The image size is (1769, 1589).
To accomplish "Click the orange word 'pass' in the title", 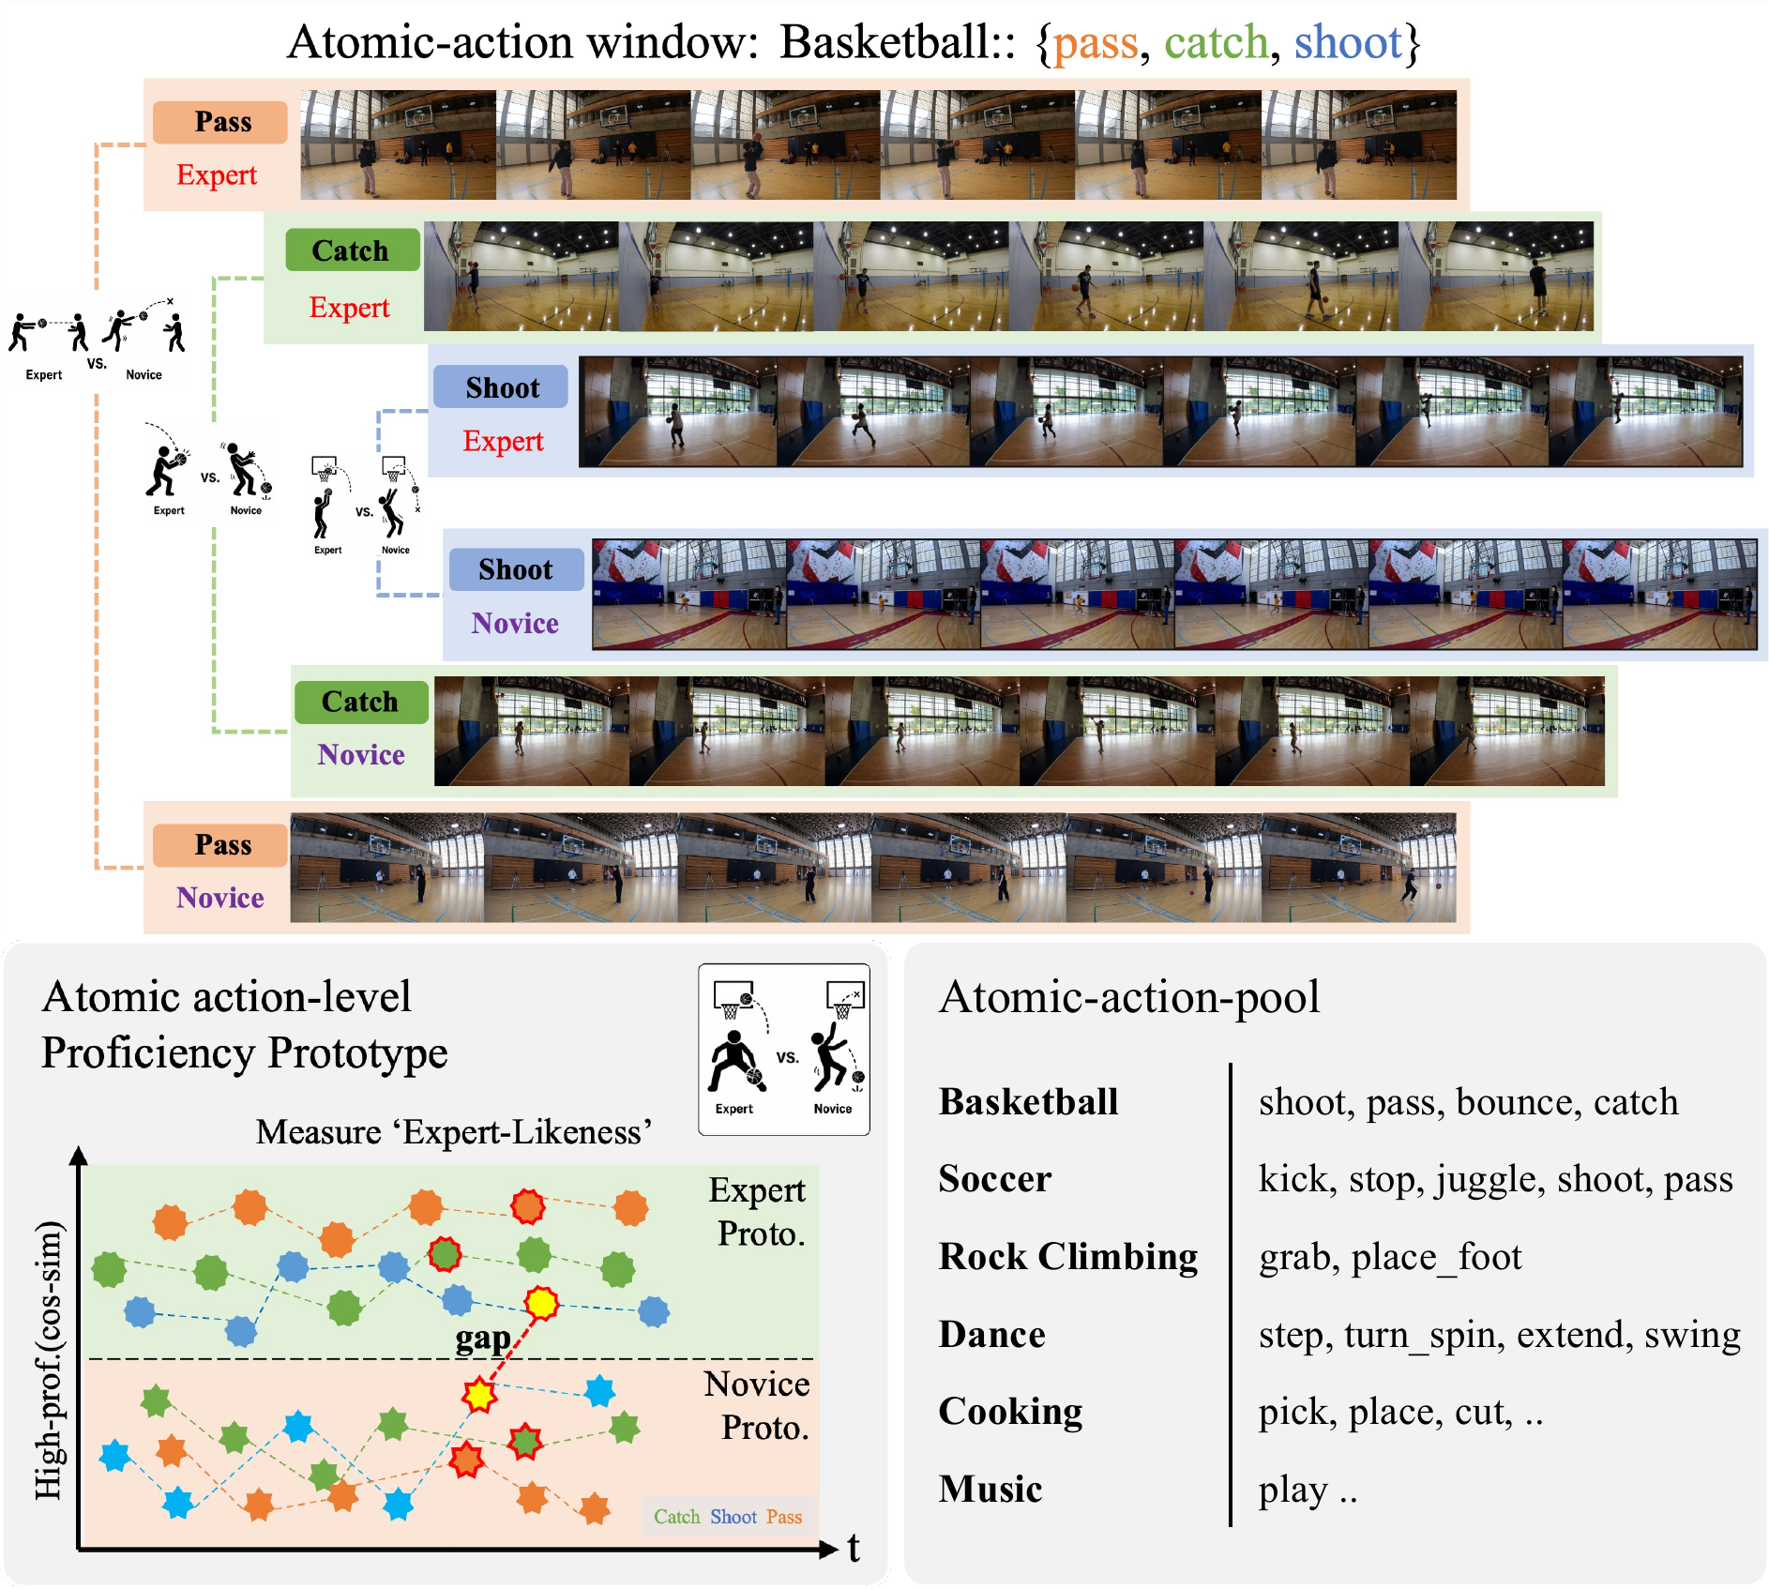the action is pyautogui.click(x=1095, y=44).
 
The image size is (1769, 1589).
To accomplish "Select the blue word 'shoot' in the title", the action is pyautogui.click(x=1348, y=42).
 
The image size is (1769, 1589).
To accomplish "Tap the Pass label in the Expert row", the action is pyautogui.click(x=222, y=122).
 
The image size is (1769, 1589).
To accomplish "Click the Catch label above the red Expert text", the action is pyautogui.click(x=351, y=250).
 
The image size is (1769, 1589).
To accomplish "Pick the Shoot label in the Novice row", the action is pyautogui.click(x=515, y=569).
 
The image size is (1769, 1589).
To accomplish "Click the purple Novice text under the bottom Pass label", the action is pyautogui.click(x=220, y=898).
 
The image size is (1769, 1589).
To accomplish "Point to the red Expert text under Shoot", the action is pyautogui.click(x=503, y=442).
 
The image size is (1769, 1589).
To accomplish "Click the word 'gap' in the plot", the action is pyautogui.click(x=483, y=1339).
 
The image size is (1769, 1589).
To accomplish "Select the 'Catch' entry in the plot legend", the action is pyautogui.click(x=677, y=1517).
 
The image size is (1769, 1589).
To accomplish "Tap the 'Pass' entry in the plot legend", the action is pyautogui.click(x=784, y=1517).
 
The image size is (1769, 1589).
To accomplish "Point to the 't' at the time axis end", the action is pyautogui.click(x=854, y=1549).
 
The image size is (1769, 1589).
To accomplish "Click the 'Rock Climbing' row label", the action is pyautogui.click(x=1068, y=1257).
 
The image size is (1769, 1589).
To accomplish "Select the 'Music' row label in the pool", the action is pyautogui.click(x=990, y=1490).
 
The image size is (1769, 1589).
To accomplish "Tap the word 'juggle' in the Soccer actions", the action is pyautogui.click(x=1489, y=1180).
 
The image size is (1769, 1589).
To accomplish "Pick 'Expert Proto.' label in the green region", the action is pyautogui.click(x=758, y=1212).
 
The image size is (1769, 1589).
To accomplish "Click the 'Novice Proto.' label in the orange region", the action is pyautogui.click(x=758, y=1405).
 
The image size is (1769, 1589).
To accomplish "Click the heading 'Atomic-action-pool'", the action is pyautogui.click(x=1129, y=997).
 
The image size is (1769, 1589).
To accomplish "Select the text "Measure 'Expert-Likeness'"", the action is pyautogui.click(x=454, y=1132).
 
